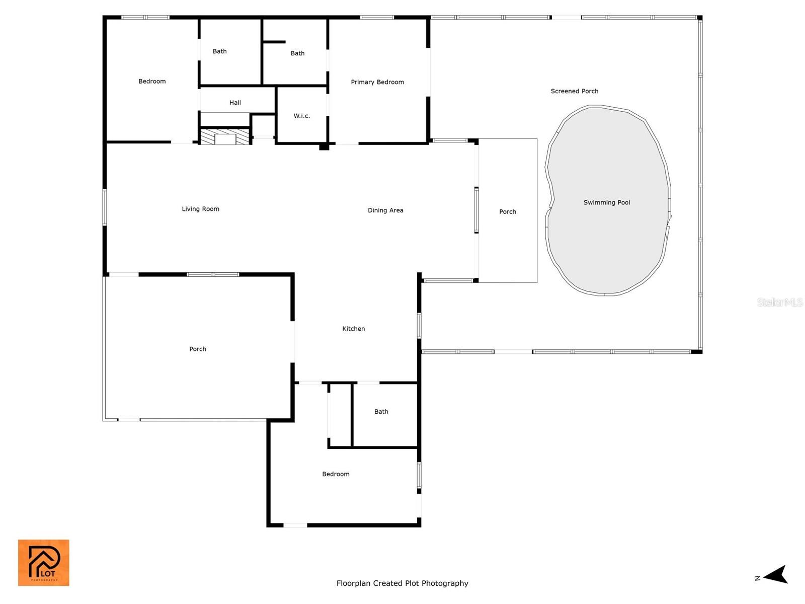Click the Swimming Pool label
click(x=607, y=202)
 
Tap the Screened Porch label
click(x=575, y=91)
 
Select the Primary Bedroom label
click(x=377, y=82)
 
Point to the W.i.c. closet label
click(x=301, y=116)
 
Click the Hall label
click(x=235, y=103)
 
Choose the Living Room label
click(x=201, y=209)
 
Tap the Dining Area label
click(x=385, y=210)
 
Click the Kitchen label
click(x=354, y=329)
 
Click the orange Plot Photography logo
click(x=44, y=563)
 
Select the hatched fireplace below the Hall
click(x=224, y=136)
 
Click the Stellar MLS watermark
click(x=780, y=302)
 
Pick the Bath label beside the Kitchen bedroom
click(x=381, y=412)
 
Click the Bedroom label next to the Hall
click(x=152, y=82)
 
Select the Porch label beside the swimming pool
click(x=508, y=211)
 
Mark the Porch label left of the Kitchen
click(x=198, y=349)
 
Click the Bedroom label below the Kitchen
click(x=336, y=474)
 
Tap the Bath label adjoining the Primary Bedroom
click(x=297, y=53)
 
